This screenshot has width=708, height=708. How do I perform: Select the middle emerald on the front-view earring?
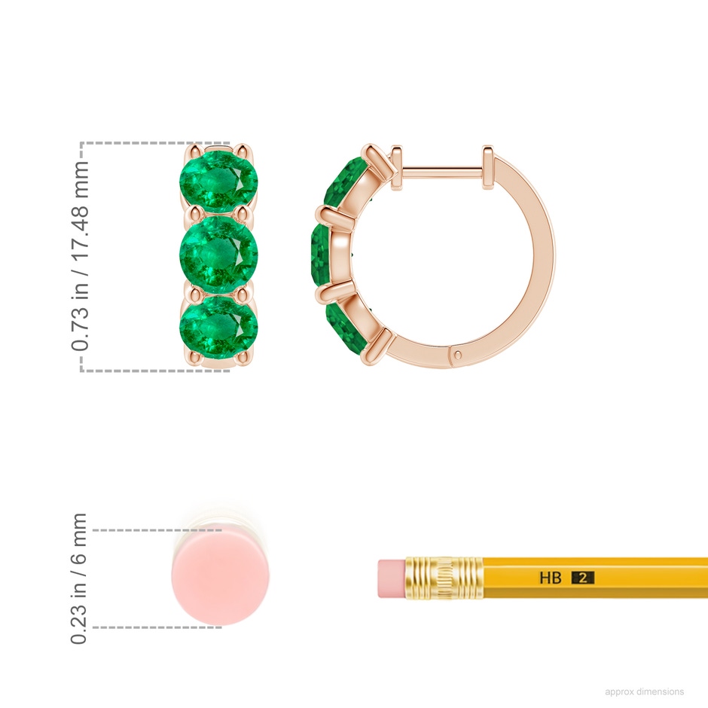(219, 254)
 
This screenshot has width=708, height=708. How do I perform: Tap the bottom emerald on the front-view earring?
(219, 326)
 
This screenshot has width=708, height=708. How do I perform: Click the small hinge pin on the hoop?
(459, 355)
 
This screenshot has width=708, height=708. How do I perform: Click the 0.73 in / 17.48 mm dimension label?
(80, 256)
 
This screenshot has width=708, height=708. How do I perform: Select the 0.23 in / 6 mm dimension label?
(78, 578)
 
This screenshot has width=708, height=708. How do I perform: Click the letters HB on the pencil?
(551, 578)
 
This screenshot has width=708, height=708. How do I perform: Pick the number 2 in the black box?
(582, 578)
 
